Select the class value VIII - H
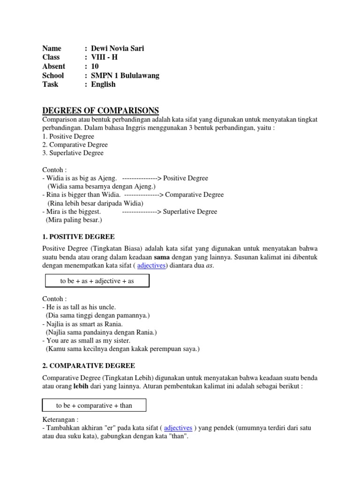pyautogui.click(x=104, y=57)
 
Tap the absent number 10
pyautogui.click(x=95, y=66)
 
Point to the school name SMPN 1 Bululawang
pyautogui.click(x=125, y=75)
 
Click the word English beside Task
pyautogui.click(x=103, y=84)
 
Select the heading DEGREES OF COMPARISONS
pyautogui.click(x=100, y=110)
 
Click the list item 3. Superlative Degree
pyautogui.click(x=73, y=153)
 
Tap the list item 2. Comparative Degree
pyautogui.click(x=75, y=144)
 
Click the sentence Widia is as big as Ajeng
pyautogui.click(x=81, y=178)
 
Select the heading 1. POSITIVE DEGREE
pyautogui.click(x=78, y=237)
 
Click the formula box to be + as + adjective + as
pyautogui.click(x=97, y=281)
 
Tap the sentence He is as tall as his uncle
pyautogui.click(x=81, y=307)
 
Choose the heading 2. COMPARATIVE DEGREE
pyautogui.click(x=89, y=365)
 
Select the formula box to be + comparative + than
pyautogui.click(x=94, y=405)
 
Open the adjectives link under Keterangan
pyautogui.click(x=178, y=427)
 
